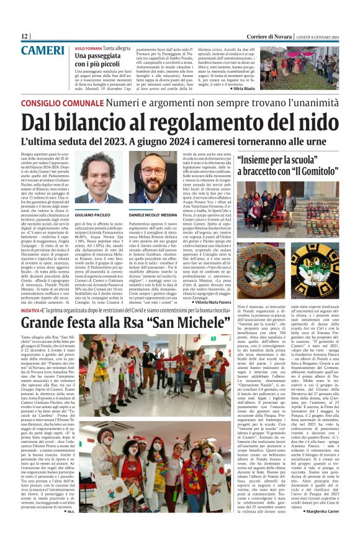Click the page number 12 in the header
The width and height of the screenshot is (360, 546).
click(25, 37)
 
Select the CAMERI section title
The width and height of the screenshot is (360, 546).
click(45, 50)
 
